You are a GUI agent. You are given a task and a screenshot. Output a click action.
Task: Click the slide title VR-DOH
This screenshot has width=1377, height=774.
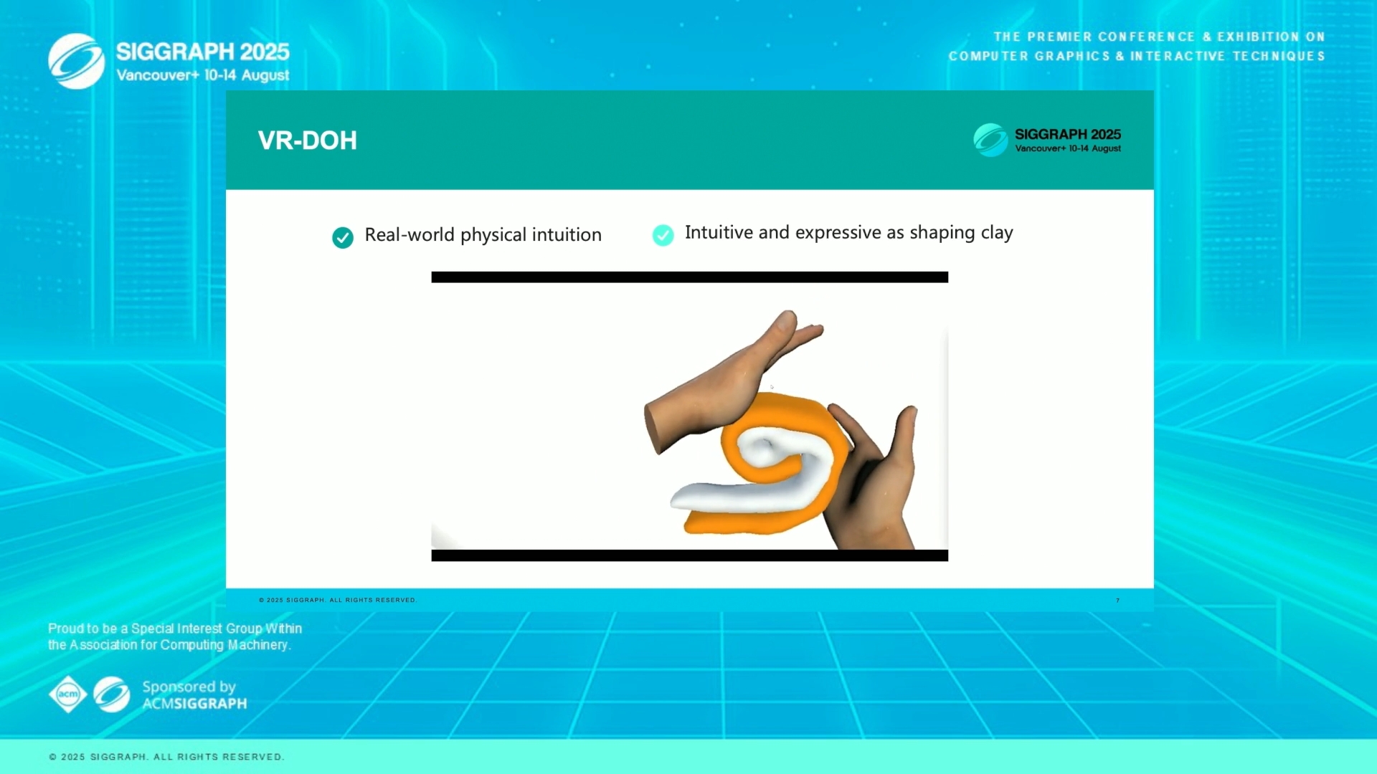tap(307, 140)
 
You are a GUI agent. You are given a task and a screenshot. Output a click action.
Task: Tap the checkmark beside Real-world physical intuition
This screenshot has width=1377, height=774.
tap(343, 237)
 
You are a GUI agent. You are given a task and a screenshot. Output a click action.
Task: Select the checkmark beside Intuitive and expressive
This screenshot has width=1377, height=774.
tap(663, 235)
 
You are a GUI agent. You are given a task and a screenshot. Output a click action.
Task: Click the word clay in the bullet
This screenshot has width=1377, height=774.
tap(997, 233)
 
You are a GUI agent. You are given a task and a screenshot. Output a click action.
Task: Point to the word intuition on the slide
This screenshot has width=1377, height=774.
tap(567, 235)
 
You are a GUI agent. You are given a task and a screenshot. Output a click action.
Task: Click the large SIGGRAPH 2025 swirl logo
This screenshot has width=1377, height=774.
tap(77, 62)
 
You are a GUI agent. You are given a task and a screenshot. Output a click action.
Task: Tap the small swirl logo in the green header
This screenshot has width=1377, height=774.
tap(990, 140)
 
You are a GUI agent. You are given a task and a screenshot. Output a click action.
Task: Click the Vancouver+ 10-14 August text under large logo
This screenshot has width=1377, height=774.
tap(203, 75)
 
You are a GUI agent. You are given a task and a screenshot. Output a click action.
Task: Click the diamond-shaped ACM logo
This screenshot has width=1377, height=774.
tap(68, 694)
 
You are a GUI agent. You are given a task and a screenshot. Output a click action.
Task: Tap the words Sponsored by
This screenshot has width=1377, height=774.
tap(189, 687)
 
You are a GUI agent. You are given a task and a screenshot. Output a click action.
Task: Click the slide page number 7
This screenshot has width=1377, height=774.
tap(1117, 601)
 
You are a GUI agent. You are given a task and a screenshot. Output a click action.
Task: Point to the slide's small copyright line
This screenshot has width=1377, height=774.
tap(337, 600)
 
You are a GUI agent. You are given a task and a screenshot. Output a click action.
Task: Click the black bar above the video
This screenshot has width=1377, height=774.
tap(689, 277)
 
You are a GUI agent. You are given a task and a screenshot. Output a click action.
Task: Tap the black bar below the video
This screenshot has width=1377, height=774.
tap(689, 555)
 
